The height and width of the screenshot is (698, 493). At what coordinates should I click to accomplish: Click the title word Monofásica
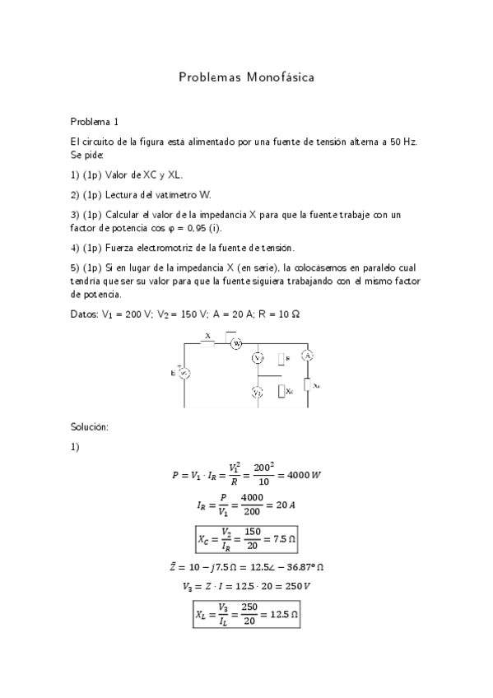pyautogui.click(x=277, y=77)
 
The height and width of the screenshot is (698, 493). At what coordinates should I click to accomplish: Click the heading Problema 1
pyautogui.click(x=95, y=120)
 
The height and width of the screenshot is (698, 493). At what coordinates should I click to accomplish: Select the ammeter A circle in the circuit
pyautogui.click(x=307, y=356)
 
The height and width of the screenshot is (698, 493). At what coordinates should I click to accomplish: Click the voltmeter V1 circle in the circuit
pyautogui.click(x=257, y=358)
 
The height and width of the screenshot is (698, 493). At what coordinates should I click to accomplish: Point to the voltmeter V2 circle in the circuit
pyautogui.click(x=257, y=393)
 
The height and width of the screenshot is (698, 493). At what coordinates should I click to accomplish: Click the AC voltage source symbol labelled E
pyautogui.click(x=184, y=372)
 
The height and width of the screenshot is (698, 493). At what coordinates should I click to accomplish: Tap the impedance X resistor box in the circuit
pyautogui.click(x=208, y=343)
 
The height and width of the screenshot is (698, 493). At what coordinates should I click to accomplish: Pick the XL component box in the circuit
pyautogui.click(x=307, y=384)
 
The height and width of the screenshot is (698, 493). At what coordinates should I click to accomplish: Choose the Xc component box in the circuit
pyautogui.click(x=281, y=392)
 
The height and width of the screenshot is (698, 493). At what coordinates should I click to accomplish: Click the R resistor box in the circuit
pyautogui.click(x=281, y=359)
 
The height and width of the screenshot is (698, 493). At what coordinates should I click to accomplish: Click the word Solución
pyautogui.click(x=91, y=426)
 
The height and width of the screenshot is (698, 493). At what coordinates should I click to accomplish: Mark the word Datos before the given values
pyautogui.click(x=84, y=314)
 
